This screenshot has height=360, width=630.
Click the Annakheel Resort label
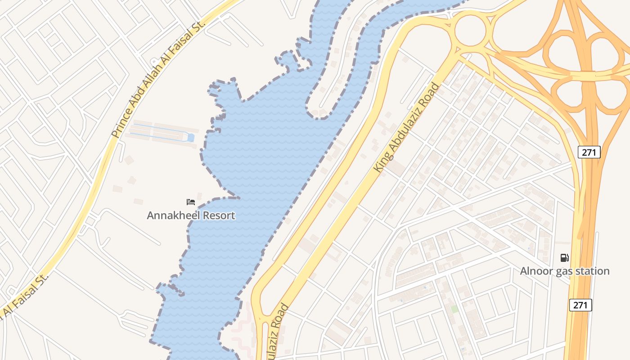[191, 216]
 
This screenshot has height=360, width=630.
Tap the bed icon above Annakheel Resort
[191, 202]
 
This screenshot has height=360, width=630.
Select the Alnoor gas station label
[565, 271]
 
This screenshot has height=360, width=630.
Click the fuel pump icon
[564, 258]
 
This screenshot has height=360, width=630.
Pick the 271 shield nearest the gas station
[580, 305]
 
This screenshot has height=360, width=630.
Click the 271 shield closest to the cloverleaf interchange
[589, 152]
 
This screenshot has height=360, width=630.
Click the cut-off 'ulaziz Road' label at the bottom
[277, 333]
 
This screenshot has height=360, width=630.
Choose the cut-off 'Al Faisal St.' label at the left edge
[22, 296]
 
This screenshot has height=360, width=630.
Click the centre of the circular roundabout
[470, 31]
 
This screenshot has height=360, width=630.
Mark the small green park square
[454, 309]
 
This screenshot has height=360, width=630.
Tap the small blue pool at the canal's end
[191, 138]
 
